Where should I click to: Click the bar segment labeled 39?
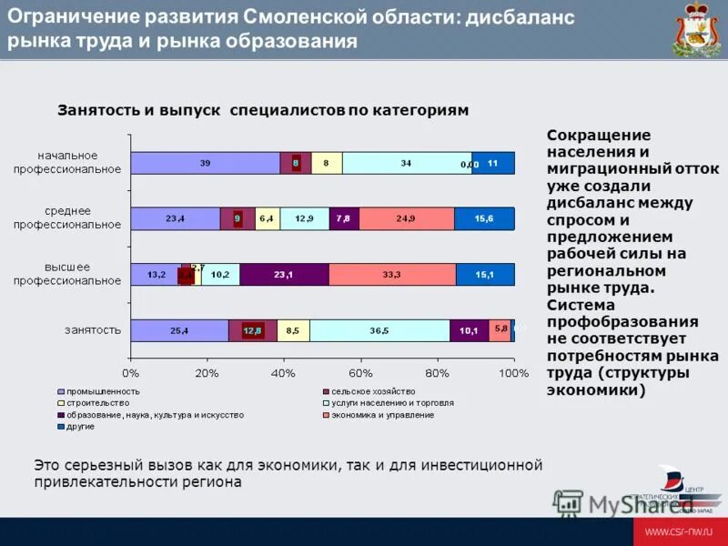pos(205,163)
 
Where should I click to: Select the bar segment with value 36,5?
pos(379,331)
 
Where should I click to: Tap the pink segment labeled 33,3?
pos(392,275)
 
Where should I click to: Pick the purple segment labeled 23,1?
pos(284,275)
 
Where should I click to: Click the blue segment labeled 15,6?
pos(484,219)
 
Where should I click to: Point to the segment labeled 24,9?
pos(406,219)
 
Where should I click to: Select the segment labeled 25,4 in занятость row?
pos(179,331)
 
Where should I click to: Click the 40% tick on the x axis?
pos(284,373)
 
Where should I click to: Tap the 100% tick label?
pos(514,373)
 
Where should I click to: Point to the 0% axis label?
pos(130,373)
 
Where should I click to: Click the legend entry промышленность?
pos(101,390)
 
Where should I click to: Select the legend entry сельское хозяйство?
pos(369,390)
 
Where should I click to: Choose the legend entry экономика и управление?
pos(382,414)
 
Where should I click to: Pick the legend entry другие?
pos(82,426)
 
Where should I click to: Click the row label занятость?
pos(92,330)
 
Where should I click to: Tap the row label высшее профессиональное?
pos(67,274)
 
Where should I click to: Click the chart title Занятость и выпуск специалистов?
pos(263,110)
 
